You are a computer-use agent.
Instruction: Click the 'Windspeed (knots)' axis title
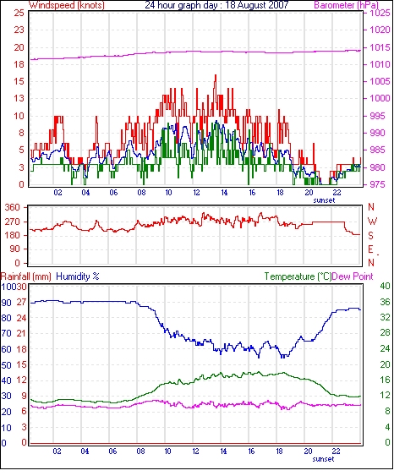67,5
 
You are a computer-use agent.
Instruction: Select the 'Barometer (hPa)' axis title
347,5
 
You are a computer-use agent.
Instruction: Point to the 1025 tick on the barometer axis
380,13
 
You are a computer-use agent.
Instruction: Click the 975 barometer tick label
380,184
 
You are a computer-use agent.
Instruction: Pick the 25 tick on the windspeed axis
19,13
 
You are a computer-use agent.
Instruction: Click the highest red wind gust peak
216,75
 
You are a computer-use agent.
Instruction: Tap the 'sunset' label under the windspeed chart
324,200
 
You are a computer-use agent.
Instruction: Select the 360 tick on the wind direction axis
13,208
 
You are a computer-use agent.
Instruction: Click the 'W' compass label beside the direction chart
372,221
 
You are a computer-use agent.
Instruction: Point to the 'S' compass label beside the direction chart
370,236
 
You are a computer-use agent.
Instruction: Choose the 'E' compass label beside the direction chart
370,249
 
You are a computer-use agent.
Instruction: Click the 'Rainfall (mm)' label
26,276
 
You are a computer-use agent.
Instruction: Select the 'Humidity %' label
78,276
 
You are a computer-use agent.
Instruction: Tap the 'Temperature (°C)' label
298,276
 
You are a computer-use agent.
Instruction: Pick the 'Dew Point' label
353,276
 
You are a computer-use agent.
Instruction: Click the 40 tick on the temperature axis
385,286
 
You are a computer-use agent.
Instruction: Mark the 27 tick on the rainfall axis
21,303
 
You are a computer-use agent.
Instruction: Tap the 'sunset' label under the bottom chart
323,459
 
